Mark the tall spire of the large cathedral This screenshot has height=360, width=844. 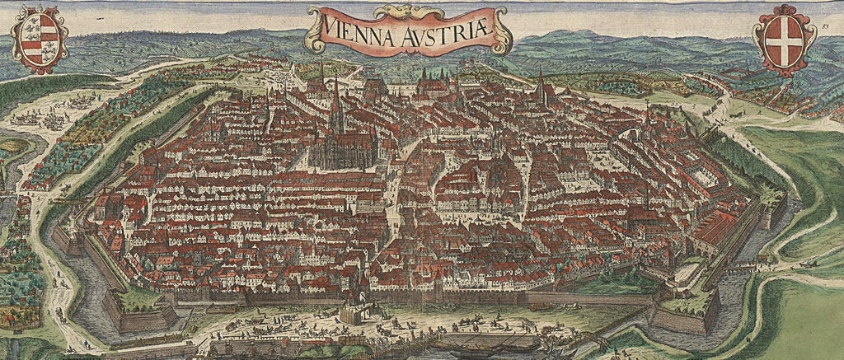tap(335, 99)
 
